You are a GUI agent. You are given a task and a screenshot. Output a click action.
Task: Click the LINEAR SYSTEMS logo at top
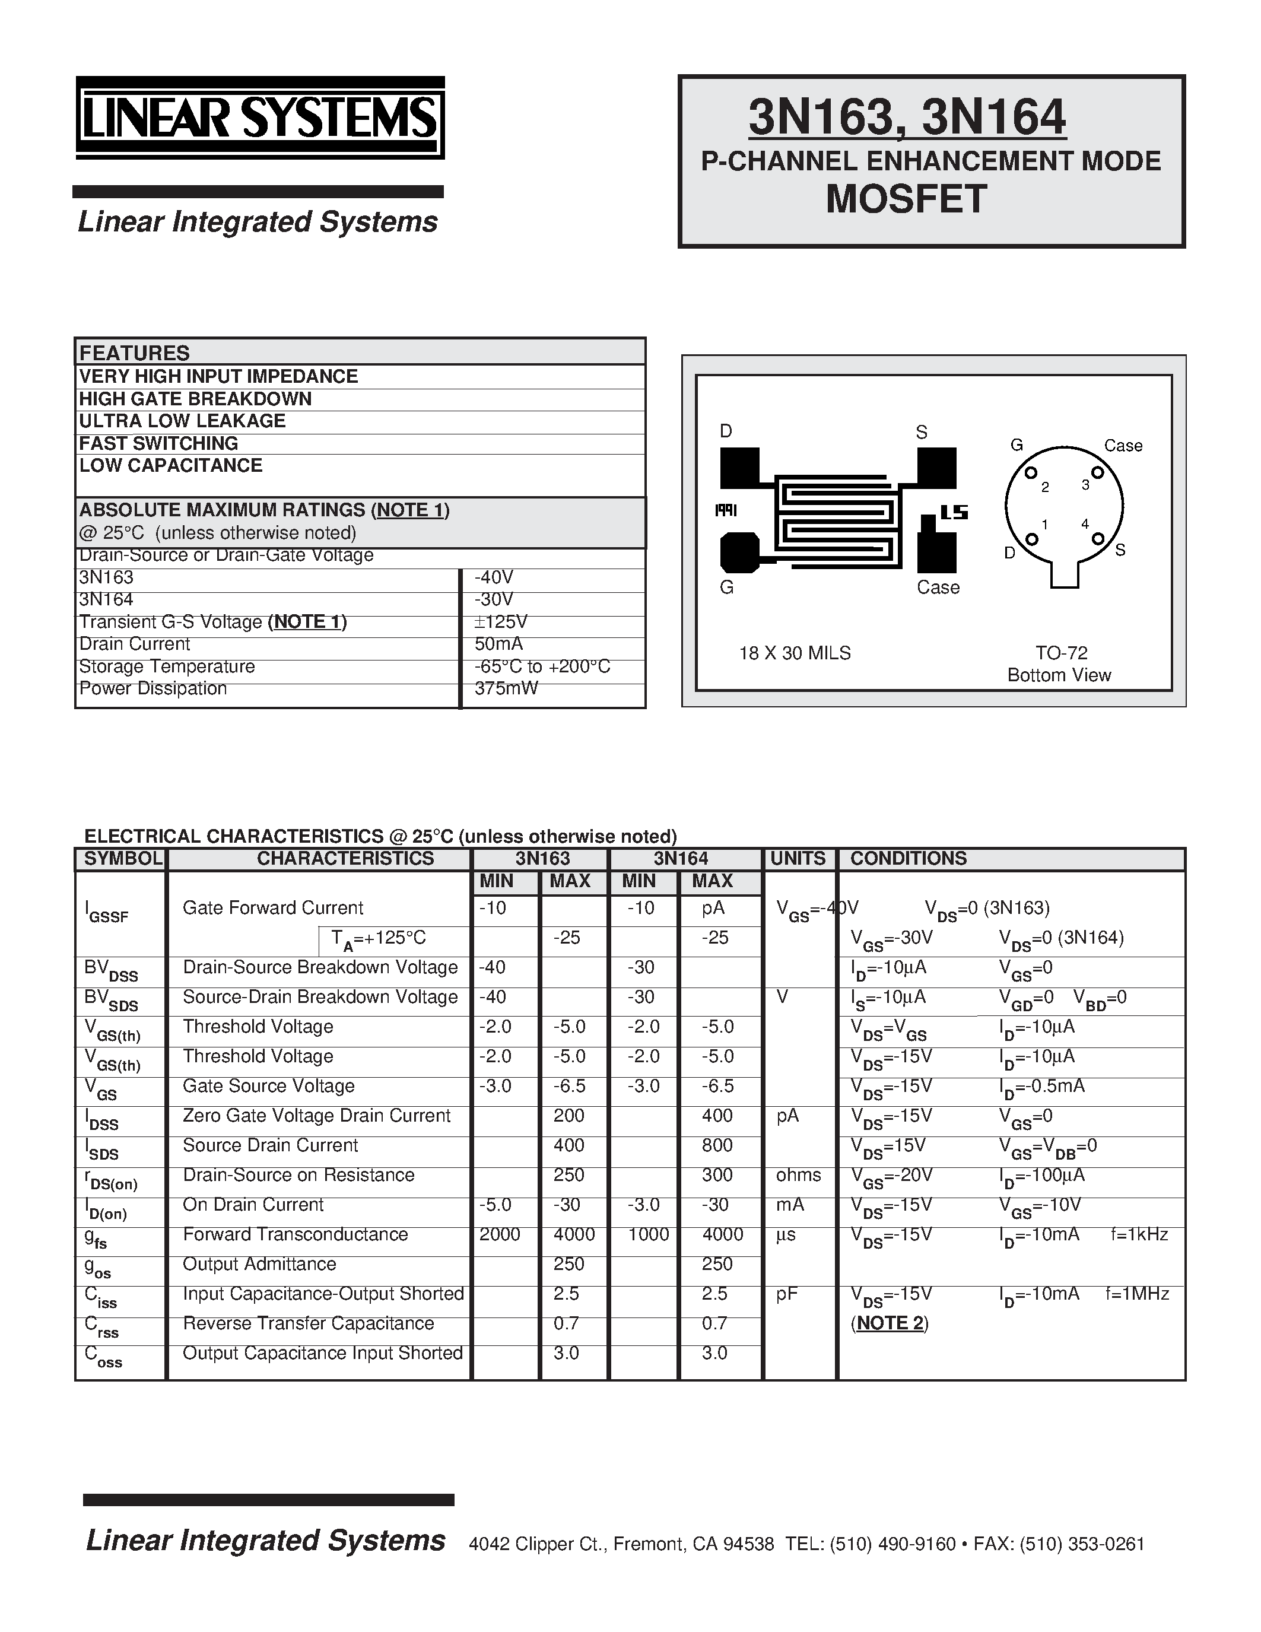click(259, 118)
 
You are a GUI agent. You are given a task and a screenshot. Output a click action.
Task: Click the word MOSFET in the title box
click(906, 199)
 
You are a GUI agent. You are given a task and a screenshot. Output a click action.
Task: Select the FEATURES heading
click(135, 353)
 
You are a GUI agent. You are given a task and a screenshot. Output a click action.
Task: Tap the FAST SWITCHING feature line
click(158, 443)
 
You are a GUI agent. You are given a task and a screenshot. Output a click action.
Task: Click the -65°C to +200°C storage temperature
click(542, 666)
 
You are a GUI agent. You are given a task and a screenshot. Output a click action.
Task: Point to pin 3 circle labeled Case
click(1097, 472)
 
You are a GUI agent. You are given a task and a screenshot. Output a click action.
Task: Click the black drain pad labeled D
click(739, 468)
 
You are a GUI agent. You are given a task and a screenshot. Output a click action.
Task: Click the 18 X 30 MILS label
click(794, 653)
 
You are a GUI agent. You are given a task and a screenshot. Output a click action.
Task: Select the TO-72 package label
click(1061, 653)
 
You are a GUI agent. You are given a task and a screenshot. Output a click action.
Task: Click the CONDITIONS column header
click(908, 859)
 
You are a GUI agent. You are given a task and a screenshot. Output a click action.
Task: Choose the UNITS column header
click(797, 859)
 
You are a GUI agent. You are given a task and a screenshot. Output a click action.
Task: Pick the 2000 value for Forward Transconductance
click(499, 1234)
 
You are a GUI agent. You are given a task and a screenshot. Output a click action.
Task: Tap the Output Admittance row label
click(259, 1263)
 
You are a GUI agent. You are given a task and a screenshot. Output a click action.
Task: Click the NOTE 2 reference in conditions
click(889, 1323)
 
